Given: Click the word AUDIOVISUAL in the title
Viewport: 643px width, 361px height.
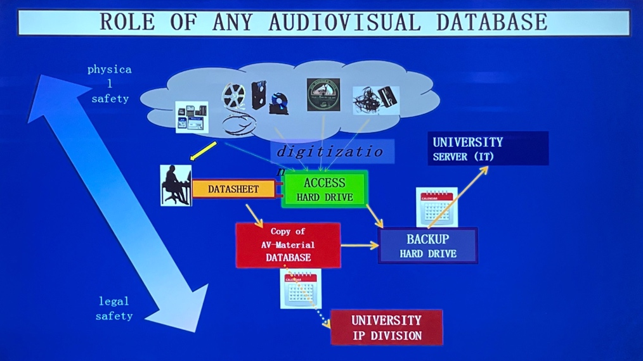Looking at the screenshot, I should click(x=344, y=22).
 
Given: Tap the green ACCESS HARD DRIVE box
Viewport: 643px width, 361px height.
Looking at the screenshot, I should click(x=325, y=189).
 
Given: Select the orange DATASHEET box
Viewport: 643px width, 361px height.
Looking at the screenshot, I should click(x=233, y=189).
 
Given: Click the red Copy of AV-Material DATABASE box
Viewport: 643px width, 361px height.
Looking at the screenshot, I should click(x=288, y=245).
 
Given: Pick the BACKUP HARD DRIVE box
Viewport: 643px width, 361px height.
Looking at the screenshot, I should click(x=428, y=246).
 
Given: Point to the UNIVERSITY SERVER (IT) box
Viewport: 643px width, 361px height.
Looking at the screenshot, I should click(x=488, y=149).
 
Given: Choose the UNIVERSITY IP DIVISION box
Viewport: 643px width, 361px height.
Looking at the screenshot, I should click(x=386, y=327).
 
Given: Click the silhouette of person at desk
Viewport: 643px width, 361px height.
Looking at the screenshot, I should click(x=176, y=185).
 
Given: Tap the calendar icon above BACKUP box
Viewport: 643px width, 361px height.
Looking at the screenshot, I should click(x=436, y=206).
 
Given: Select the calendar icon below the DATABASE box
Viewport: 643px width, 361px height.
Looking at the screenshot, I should click(x=301, y=288).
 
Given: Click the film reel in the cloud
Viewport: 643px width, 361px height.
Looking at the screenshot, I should click(x=233, y=97).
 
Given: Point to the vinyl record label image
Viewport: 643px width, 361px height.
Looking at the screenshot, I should click(x=323, y=95).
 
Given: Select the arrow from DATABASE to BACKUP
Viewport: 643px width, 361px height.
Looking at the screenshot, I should click(x=359, y=246).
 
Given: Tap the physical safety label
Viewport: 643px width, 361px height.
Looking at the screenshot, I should click(x=110, y=84).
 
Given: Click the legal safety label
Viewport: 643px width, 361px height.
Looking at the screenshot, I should click(x=114, y=308).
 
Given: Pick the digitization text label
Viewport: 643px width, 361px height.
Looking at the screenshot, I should click(x=330, y=152).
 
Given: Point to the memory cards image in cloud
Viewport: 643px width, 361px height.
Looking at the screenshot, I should click(x=192, y=117).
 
